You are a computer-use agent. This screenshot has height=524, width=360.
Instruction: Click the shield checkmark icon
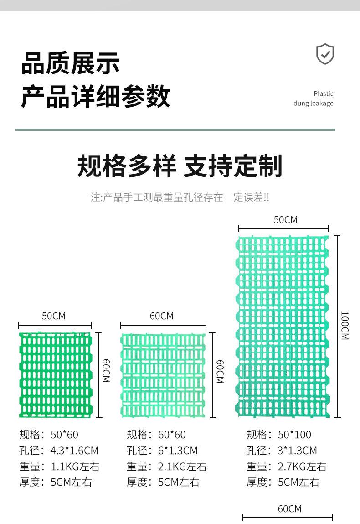pos(325,54)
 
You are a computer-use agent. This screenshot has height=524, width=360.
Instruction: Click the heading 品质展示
pos(71,63)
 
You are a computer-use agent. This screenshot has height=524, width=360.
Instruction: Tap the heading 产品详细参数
pos(95,96)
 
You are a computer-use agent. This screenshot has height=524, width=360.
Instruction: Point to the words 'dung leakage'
pos(313,104)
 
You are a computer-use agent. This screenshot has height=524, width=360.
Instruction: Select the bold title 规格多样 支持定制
pos(180,166)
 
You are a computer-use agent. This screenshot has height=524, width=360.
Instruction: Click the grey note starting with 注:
pos(180,197)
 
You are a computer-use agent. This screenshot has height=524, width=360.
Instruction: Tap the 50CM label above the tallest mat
pos(285,220)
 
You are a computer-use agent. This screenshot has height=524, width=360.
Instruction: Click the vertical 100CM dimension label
pos(345,326)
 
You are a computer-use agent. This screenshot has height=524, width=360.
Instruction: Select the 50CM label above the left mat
pos(54,316)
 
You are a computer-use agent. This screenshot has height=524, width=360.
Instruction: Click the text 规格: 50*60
pos(49,435)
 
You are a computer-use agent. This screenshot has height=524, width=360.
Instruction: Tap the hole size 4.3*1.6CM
pos(74,451)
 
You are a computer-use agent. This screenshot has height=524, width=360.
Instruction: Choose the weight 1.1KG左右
pos(75,467)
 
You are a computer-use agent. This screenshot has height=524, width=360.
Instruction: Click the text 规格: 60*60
pos(156,435)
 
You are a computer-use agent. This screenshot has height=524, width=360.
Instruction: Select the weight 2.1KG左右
pos(182,467)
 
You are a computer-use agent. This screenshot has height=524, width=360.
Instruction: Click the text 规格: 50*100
pos(279,435)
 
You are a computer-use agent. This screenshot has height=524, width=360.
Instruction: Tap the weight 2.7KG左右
pos(302,467)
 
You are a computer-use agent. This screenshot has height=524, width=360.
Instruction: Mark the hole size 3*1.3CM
pos(297,451)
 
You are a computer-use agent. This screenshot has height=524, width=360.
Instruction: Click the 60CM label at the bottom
pos(289,508)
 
